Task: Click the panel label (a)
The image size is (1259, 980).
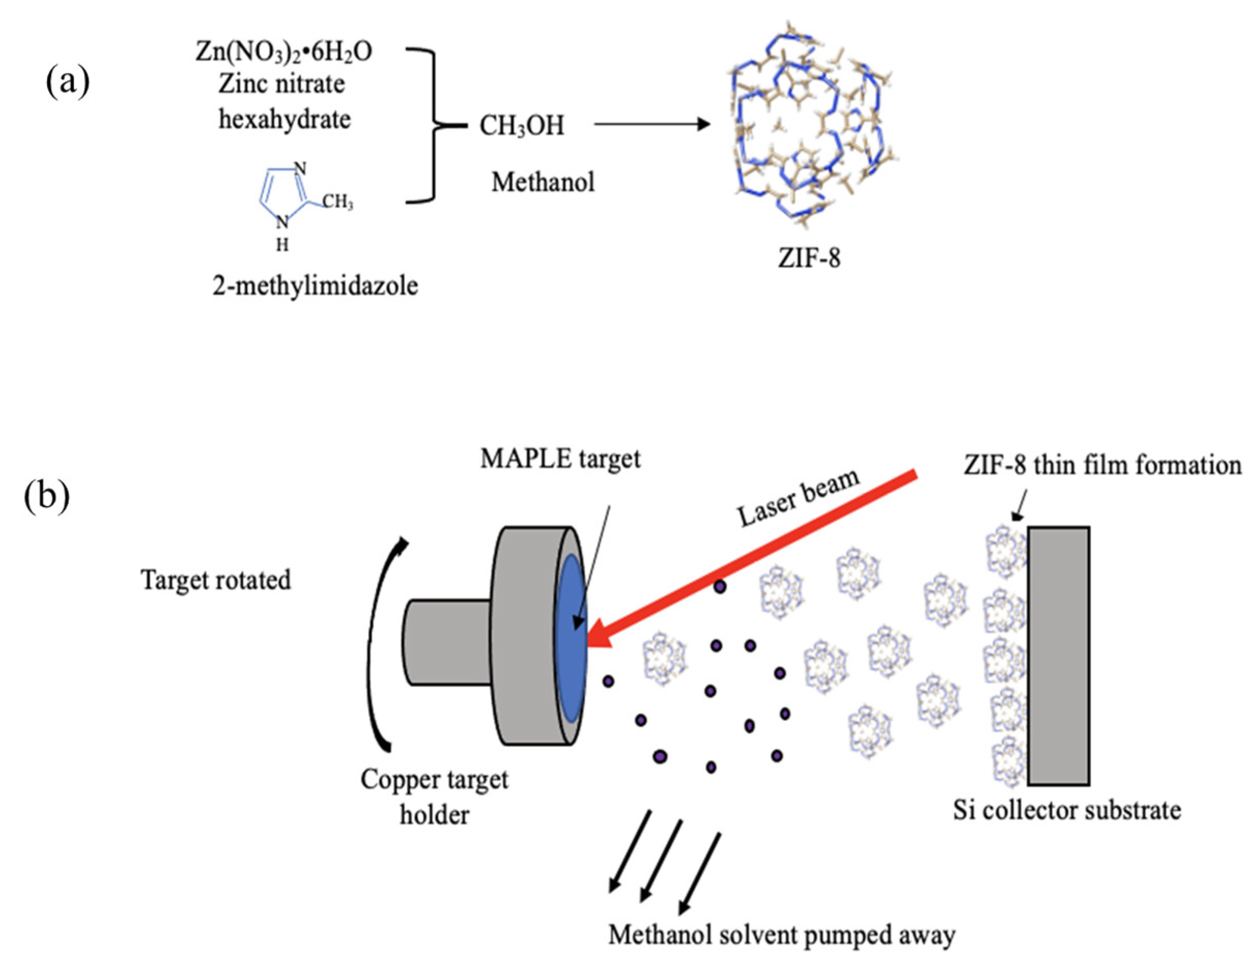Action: pyautogui.click(x=67, y=82)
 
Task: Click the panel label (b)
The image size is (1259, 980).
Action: pyautogui.click(x=47, y=497)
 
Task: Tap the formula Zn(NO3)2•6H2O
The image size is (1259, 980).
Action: pyautogui.click(x=283, y=52)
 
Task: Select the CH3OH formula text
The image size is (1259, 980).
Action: pyautogui.click(x=522, y=125)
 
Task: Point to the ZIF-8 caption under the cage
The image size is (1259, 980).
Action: pyautogui.click(x=809, y=258)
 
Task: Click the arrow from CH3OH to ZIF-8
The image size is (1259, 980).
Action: pyautogui.click(x=651, y=123)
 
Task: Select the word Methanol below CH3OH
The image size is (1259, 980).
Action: pyautogui.click(x=542, y=182)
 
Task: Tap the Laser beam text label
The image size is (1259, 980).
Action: pyautogui.click(x=799, y=499)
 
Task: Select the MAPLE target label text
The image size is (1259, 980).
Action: pyautogui.click(x=560, y=460)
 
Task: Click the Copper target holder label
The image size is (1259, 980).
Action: pyautogui.click(x=434, y=797)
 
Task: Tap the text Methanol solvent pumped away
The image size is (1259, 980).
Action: pyautogui.click(x=781, y=935)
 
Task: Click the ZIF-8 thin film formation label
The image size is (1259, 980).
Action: pyautogui.click(x=1101, y=465)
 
